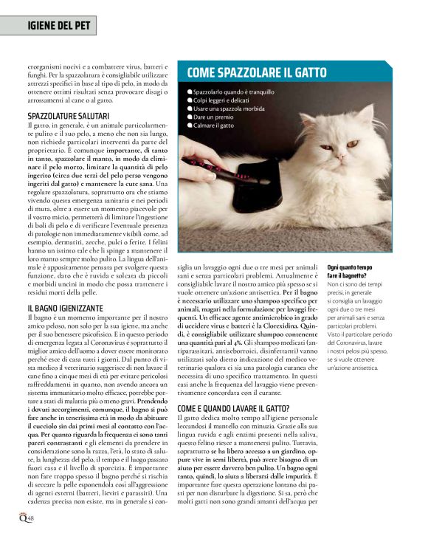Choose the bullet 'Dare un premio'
tap(213, 117)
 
